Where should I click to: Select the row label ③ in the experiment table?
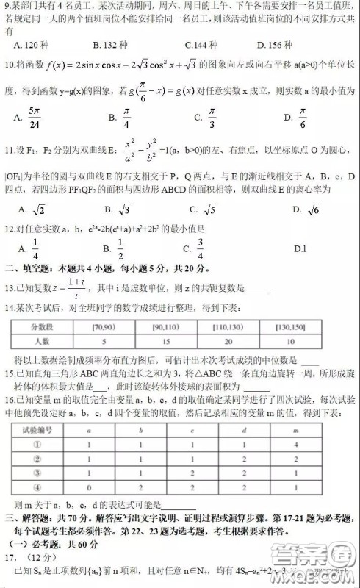(x=37, y=473)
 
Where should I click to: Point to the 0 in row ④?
(x=89, y=487)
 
